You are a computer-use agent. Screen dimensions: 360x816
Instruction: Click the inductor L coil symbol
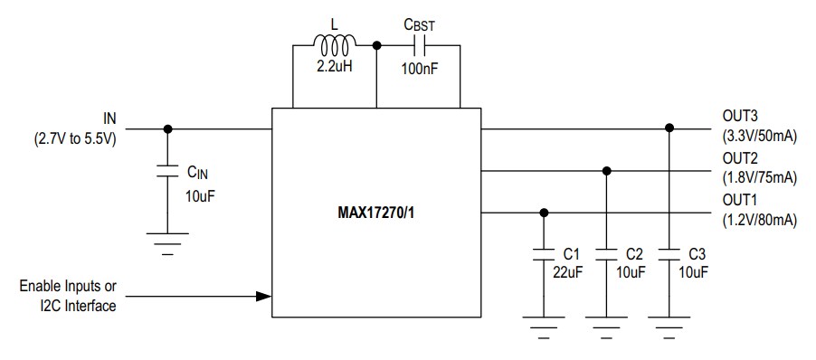[x=334, y=42]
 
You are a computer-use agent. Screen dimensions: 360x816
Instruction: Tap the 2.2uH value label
[x=334, y=67]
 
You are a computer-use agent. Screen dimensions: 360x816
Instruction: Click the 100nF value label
[x=419, y=67]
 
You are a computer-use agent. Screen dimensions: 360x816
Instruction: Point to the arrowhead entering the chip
[x=263, y=296]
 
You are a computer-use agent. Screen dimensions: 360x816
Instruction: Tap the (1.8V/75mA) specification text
[x=759, y=179]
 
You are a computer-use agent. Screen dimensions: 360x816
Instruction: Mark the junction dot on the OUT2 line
[x=606, y=170]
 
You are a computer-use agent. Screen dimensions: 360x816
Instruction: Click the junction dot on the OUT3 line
[x=669, y=128]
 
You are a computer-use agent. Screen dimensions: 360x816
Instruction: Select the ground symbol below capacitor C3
[x=669, y=323]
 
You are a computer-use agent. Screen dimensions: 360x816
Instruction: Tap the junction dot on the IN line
[x=166, y=128]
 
